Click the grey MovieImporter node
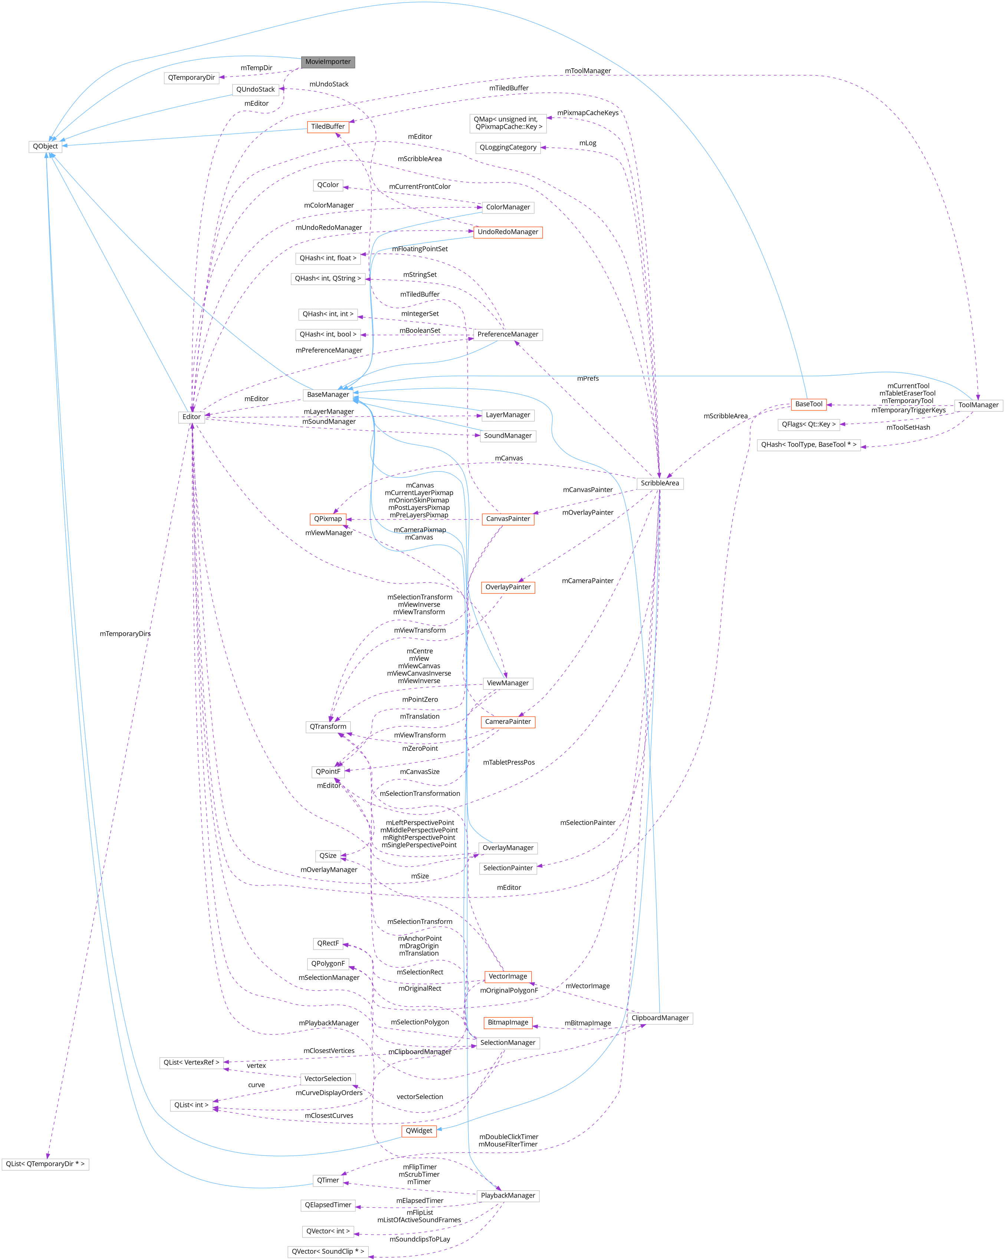(328, 62)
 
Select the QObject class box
(45, 147)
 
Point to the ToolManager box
(978, 405)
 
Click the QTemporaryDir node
(191, 78)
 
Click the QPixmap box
(328, 519)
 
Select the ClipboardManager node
(660, 1018)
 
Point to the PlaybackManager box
(508, 1196)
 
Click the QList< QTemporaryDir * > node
(45, 1164)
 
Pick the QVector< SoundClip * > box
(328, 1251)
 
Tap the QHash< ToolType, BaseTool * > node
(809, 445)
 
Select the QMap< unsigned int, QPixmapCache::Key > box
(508, 123)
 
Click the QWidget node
(419, 1131)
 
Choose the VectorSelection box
(328, 1079)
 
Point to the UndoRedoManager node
(508, 232)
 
